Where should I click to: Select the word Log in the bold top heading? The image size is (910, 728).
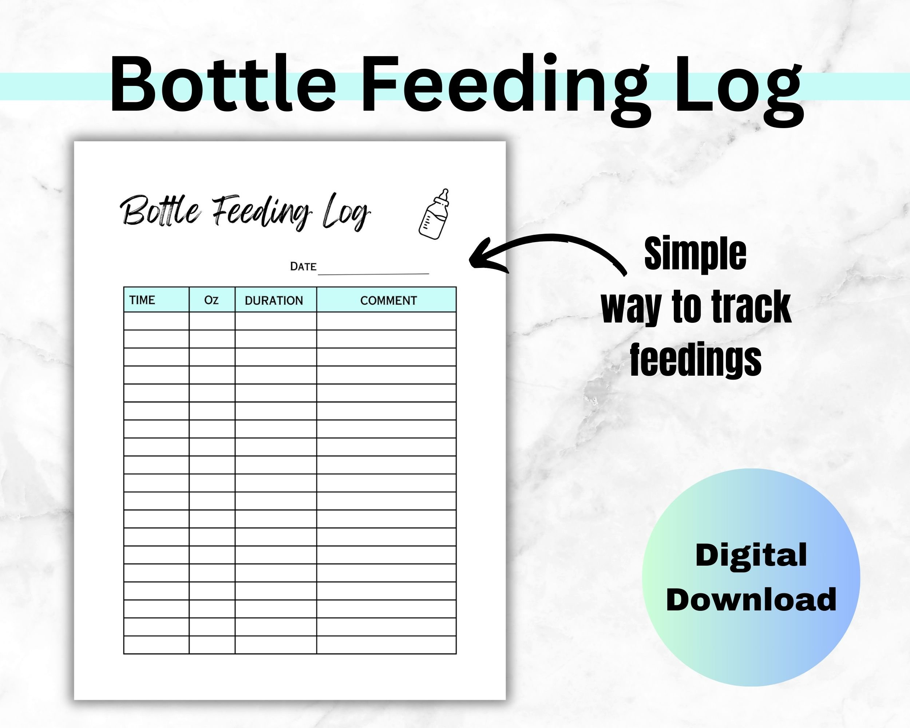click(738, 88)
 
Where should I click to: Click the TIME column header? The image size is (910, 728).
click(142, 300)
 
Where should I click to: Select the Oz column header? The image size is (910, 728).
click(211, 300)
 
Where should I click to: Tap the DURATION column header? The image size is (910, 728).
click(274, 301)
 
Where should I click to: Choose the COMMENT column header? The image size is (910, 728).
click(388, 301)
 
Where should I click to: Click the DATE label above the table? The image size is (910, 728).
click(303, 267)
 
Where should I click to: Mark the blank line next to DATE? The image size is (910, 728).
click(373, 272)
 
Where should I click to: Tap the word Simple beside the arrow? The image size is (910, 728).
click(695, 254)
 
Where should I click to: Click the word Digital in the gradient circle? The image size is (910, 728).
click(751, 555)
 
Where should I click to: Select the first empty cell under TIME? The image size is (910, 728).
click(156, 321)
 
